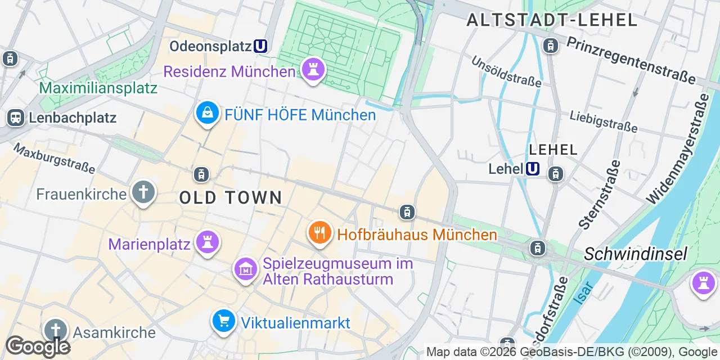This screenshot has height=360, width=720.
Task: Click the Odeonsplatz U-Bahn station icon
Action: pos(260,46)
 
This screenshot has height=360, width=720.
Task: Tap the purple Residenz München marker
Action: pos(313,70)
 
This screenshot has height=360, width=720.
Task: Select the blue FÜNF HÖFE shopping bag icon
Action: pos(208,113)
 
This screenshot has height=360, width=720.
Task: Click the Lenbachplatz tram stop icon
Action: pos(15,118)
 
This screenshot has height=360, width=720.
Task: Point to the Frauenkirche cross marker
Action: pos(143,193)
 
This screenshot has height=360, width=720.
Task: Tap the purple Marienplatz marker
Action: pos(208,242)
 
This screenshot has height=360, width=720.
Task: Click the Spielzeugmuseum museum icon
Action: pos(245,269)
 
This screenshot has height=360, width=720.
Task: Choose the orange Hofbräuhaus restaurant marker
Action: pos(319,232)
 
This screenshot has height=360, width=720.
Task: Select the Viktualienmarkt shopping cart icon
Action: pos(224,321)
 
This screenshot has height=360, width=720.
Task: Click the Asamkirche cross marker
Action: pos(55,330)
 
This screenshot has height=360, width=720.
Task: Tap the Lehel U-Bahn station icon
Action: pos(532,168)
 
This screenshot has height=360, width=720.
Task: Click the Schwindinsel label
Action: pos(635,254)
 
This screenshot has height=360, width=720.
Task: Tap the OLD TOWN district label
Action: pos(231,197)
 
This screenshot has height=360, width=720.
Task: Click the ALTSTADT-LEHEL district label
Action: pos(552,20)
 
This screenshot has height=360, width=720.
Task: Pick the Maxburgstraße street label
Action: pos(54,158)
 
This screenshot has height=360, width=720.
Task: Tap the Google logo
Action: pos(38,346)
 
